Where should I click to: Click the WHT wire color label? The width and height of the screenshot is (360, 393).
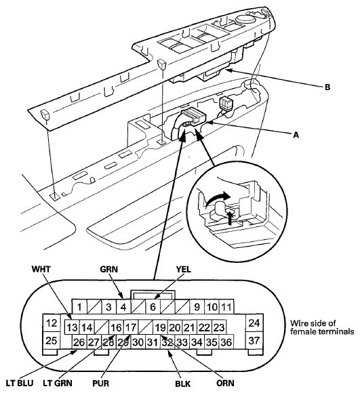click(x=41, y=269)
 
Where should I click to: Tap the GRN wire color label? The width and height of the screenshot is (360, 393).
click(x=108, y=269)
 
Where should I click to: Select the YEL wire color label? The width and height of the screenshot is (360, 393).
click(x=184, y=269)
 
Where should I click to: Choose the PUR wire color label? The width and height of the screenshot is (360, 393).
click(x=101, y=384)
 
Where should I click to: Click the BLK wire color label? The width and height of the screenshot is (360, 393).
click(x=183, y=384)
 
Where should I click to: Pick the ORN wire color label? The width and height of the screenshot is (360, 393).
click(x=225, y=384)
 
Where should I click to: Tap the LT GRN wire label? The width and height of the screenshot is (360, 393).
click(x=58, y=384)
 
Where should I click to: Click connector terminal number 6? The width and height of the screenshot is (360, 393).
click(x=153, y=307)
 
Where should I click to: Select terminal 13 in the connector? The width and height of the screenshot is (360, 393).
click(x=72, y=327)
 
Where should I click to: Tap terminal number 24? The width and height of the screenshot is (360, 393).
click(x=254, y=323)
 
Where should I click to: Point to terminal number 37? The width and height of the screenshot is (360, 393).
click(x=254, y=340)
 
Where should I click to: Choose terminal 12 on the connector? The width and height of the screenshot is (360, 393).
click(x=52, y=323)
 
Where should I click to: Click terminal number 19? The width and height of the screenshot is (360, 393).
click(x=161, y=327)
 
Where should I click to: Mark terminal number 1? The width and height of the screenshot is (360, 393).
click(x=79, y=307)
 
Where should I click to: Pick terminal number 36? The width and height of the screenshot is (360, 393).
click(x=226, y=342)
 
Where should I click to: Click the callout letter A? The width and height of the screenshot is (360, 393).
click(x=296, y=135)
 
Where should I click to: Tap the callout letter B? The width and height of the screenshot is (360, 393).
click(x=327, y=87)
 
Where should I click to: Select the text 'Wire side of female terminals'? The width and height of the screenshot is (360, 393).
click(x=322, y=327)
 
